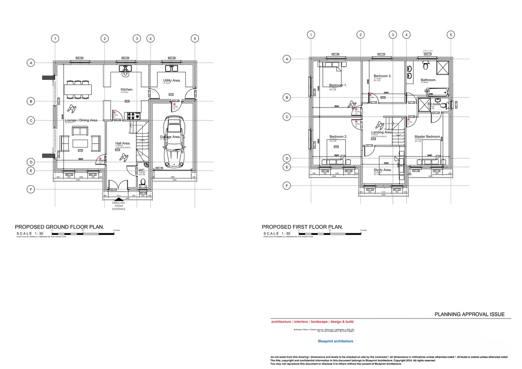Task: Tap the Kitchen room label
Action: pyautogui.click(x=127, y=89)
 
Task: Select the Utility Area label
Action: pyautogui.click(x=172, y=81)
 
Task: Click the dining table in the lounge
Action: pyautogui.click(x=78, y=89)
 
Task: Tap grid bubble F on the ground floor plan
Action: pyautogui.click(x=31, y=189)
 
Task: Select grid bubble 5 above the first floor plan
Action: pyautogui.click(x=451, y=35)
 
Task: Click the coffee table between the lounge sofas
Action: pyautogui.click(x=80, y=143)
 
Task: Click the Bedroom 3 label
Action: pyautogui.click(x=382, y=76)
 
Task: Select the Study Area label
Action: pyautogui.click(x=382, y=170)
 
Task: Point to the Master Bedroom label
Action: pyautogui.click(x=427, y=137)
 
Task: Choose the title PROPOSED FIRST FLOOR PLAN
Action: pyautogui.click(x=302, y=227)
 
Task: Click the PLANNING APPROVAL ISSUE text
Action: pyautogui.click(x=469, y=314)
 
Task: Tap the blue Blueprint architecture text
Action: pyautogui.click(x=335, y=342)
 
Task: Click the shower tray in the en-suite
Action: pyautogui.click(x=422, y=105)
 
